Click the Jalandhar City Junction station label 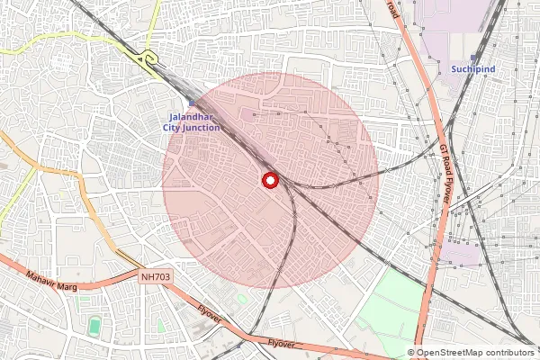(192, 122)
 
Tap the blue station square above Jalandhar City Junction (191, 105)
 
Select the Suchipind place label (473, 69)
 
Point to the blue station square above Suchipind (473, 58)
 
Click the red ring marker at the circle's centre (269, 181)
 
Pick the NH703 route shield (154, 278)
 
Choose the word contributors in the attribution (509, 354)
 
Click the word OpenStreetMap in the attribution (449, 354)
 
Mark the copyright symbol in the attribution (411, 354)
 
